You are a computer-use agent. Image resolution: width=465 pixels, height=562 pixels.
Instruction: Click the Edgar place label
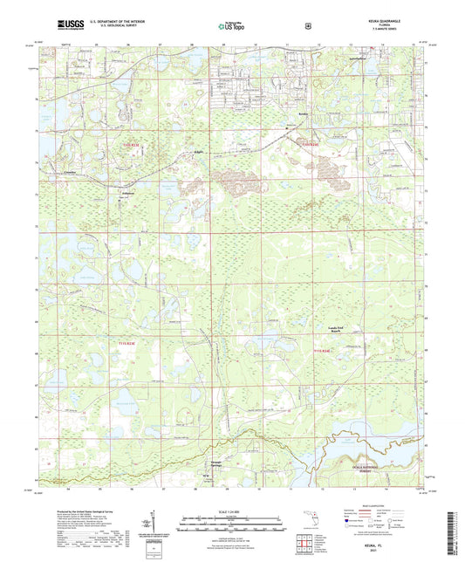[198, 153]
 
